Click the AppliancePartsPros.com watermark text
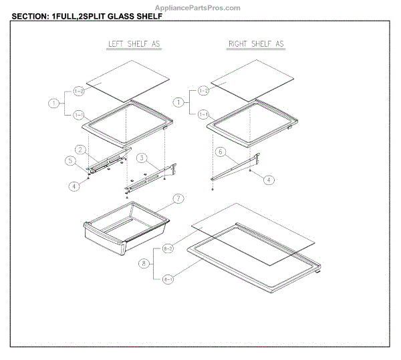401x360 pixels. click(200, 7)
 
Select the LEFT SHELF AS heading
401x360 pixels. click(134, 44)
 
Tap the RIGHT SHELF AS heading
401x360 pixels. click(256, 44)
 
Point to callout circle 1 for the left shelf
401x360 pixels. click(53, 104)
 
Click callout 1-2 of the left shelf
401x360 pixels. click(79, 90)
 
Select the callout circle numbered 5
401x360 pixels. click(70, 161)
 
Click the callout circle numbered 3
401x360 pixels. click(142, 158)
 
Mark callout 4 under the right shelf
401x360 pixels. click(267, 180)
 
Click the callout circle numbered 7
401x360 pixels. click(178, 198)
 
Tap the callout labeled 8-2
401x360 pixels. click(168, 248)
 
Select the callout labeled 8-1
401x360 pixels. click(168, 280)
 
